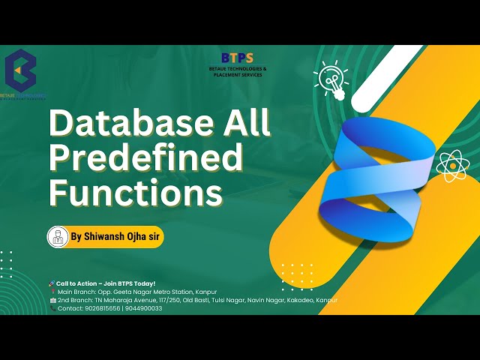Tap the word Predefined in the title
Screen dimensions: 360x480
[146, 158]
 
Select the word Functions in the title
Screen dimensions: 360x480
[136, 193]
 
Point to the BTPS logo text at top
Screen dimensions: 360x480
[238, 58]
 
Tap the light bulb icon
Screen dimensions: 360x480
[331, 78]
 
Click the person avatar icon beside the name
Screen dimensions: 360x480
[58, 236]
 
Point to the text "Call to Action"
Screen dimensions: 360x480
[79, 283]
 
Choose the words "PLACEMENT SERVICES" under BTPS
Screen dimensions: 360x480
[238, 74]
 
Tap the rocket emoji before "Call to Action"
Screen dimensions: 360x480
[52, 283]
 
